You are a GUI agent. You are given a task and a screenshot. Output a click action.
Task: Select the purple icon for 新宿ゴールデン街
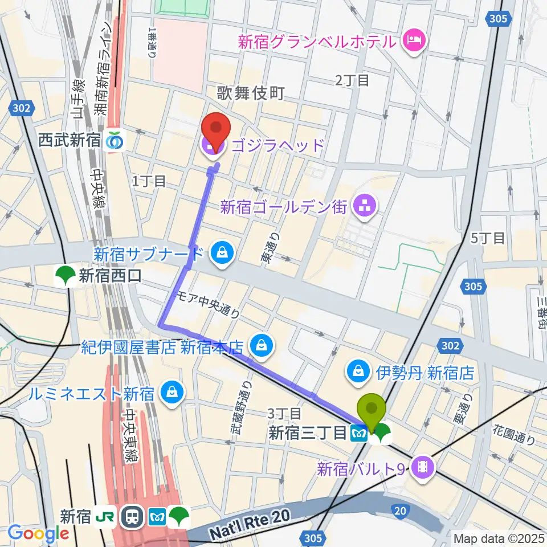pos(363,207)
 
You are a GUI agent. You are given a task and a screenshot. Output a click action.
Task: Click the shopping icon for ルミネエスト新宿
pos(170,393)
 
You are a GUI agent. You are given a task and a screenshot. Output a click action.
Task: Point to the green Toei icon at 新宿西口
pos(64,276)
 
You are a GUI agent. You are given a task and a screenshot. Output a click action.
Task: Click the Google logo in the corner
pos(38,533)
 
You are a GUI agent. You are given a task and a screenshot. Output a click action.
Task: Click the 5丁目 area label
pos(488,238)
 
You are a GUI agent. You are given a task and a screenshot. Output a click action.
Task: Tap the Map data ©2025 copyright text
pos(498,538)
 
